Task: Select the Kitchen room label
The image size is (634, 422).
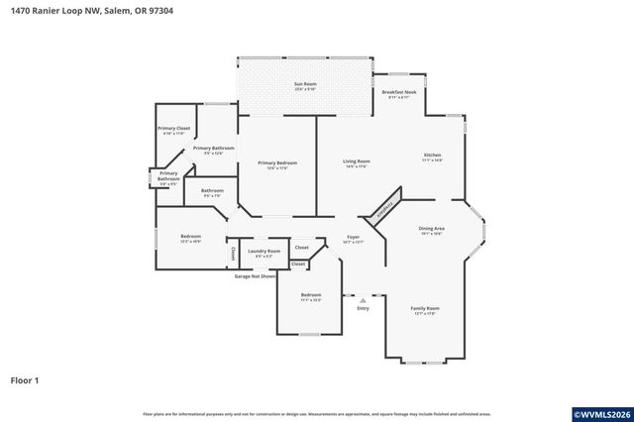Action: pos(433,158)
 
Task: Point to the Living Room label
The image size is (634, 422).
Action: pos(357,163)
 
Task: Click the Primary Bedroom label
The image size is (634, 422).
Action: pos(277,164)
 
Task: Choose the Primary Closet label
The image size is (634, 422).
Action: pos(173,130)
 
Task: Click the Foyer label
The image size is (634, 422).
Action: pos(352,239)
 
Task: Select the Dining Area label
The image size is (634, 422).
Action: pos(432,230)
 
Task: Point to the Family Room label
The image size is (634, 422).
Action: pos(425,310)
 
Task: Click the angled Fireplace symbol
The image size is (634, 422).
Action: pos(384,207)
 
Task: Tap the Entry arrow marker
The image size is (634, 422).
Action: pos(363,299)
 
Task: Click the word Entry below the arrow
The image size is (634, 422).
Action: pos(363,308)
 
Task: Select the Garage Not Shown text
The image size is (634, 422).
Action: pos(255,276)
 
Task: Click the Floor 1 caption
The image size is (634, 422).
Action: pos(25,379)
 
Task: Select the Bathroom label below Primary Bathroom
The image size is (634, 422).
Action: pos(212,192)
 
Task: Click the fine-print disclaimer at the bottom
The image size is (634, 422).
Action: pos(316,413)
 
